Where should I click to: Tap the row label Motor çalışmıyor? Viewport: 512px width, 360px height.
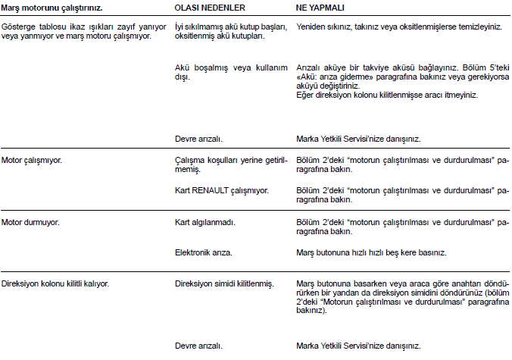pos(32,161)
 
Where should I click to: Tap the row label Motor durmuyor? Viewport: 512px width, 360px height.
pos(30,222)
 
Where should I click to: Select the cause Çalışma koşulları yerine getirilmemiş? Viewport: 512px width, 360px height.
pos(230,166)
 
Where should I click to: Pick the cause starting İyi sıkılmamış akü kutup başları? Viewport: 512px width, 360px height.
pos(230,31)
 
